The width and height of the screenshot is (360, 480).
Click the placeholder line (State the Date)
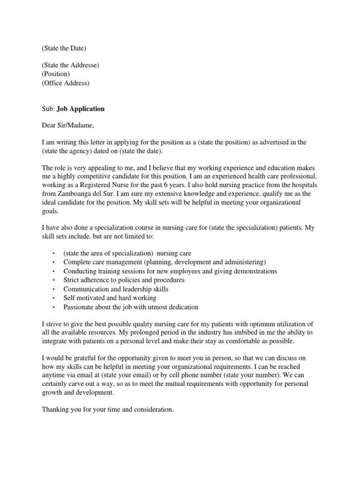[64, 48]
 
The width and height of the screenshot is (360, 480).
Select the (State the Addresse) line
[70, 65]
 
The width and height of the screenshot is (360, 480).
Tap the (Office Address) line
[65, 83]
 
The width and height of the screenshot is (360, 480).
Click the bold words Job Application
[81, 109]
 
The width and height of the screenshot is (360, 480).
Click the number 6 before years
[173, 185]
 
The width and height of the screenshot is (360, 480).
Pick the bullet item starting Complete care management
[165, 262]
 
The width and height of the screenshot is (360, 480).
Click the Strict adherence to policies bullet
[124, 280]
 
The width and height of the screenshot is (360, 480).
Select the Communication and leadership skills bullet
[116, 289]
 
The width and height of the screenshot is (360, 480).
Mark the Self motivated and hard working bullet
[110, 298]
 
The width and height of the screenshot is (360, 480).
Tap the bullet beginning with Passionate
[131, 307]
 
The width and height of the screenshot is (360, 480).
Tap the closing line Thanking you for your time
[108, 409]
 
